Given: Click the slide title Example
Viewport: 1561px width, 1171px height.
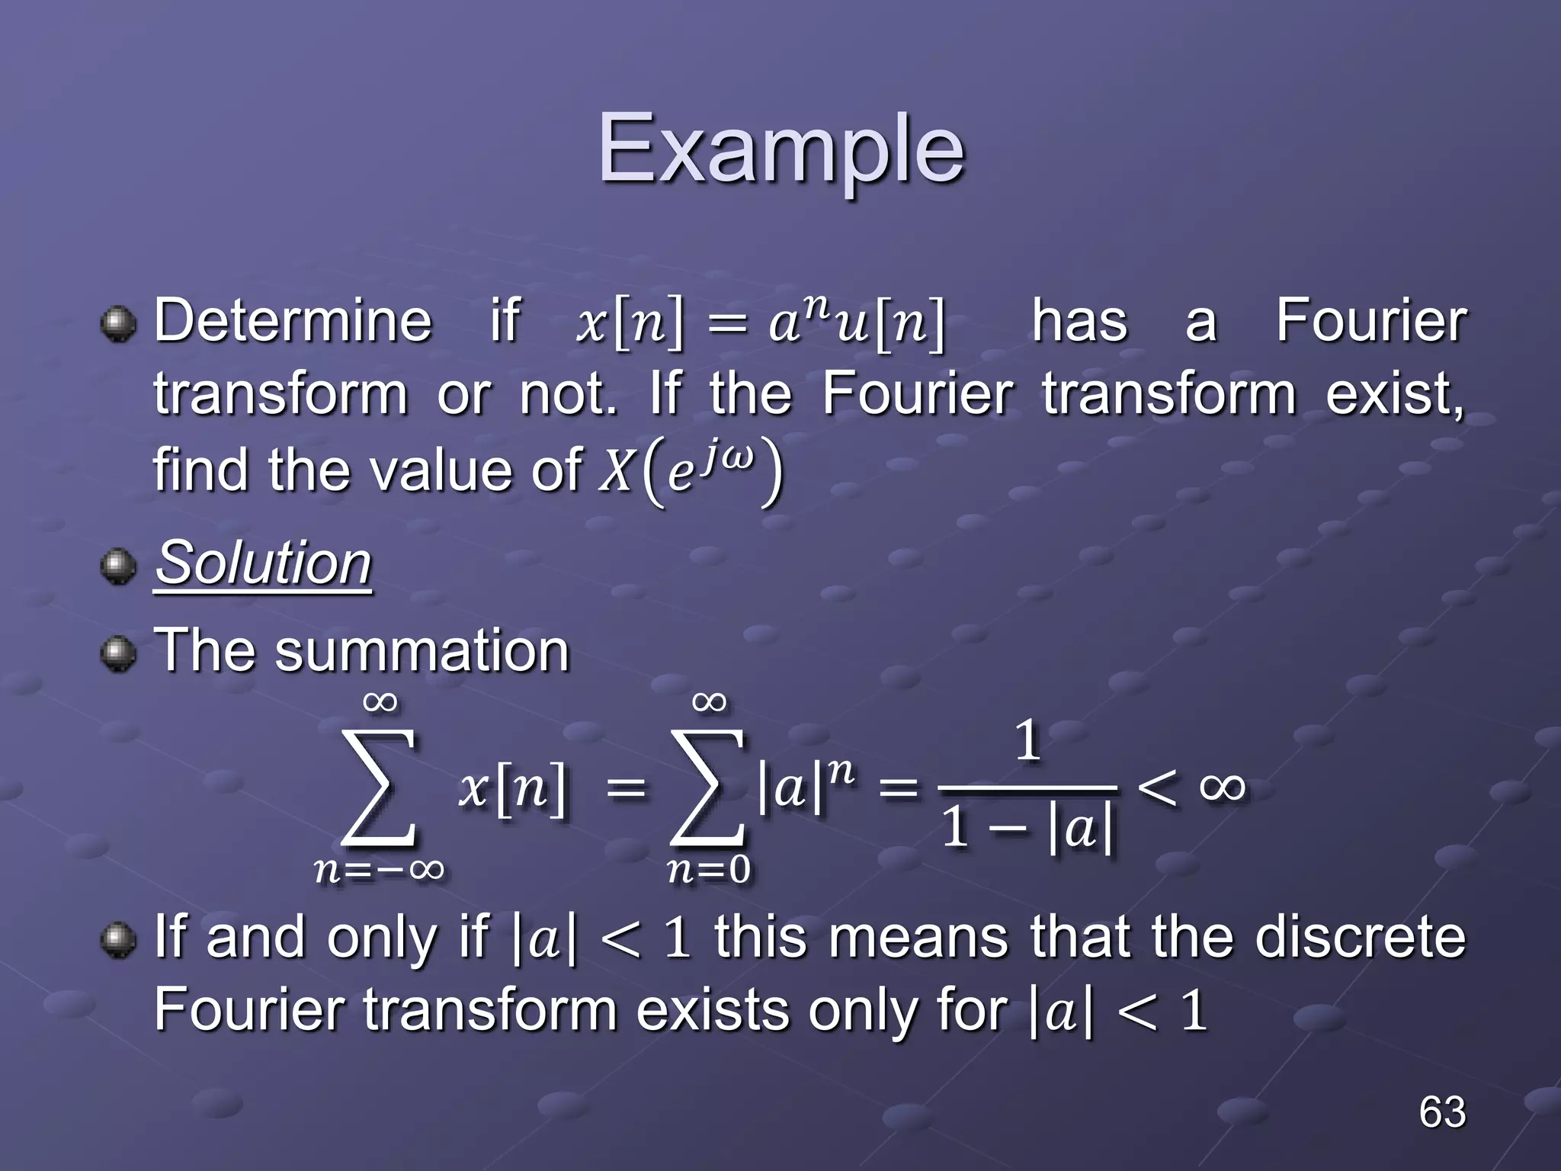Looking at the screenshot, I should [780, 149].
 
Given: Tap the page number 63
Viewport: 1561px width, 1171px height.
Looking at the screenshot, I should [1441, 1112].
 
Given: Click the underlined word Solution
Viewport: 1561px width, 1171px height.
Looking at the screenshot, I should [263, 563].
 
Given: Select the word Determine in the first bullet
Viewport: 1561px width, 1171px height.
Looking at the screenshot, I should [293, 320].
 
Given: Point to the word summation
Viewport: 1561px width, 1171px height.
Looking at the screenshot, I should [422, 651].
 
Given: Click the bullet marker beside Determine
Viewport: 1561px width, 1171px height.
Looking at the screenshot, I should [117, 323].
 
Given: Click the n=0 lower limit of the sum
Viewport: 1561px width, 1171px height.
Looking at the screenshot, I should [708, 870].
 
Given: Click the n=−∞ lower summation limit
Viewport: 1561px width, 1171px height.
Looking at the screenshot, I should [379, 870].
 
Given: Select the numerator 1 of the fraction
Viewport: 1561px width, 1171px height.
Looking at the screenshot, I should [1027, 740].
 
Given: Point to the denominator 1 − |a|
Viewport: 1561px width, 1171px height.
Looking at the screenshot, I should [1027, 829].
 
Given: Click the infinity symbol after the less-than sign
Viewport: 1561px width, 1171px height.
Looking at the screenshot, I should [1223, 786].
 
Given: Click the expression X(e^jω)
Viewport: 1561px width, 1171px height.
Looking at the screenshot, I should [690, 471].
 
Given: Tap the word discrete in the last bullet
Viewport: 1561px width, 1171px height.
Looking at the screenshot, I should [1360, 937].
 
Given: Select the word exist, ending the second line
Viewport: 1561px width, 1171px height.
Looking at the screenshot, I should [1394, 395].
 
